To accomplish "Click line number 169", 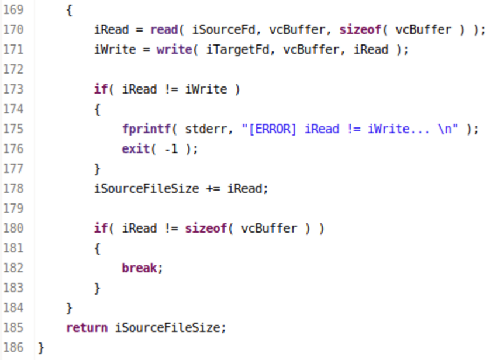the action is point(13,11).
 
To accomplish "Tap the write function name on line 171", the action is point(174,50).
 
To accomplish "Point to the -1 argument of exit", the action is point(172,149).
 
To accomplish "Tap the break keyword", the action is point(139,268).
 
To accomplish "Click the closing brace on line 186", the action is point(41,348).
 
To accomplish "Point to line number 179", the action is point(13,209).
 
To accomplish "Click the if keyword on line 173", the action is point(100,89).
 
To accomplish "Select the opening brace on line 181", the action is point(97,248).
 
